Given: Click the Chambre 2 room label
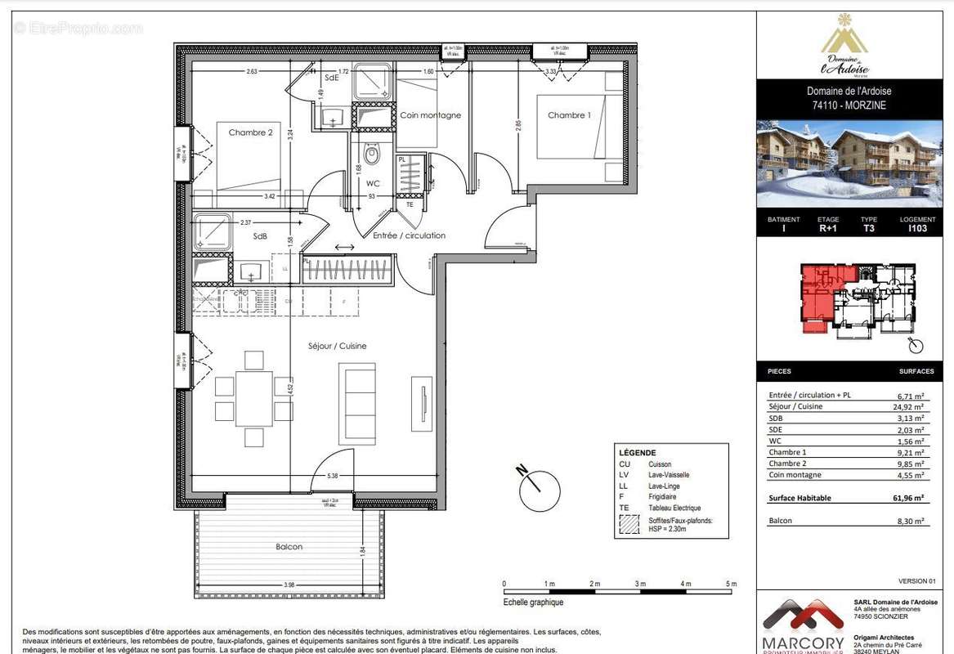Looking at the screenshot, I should click(x=250, y=132).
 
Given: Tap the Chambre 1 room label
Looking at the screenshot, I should click(x=568, y=115).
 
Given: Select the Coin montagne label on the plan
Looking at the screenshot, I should click(x=430, y=115).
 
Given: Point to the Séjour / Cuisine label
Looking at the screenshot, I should click(x=337, y=346).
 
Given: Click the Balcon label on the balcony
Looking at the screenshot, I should click(x=289, y=547).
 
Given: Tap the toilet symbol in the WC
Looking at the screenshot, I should click(x=373, y=154).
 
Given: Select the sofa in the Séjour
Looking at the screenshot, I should click(x=357, y=402).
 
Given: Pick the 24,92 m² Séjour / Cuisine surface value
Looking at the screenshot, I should click(x=908, y=406).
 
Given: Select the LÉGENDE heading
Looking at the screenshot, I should click(x=637, y=453).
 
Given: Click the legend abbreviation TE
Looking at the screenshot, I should click(x=624, y=508).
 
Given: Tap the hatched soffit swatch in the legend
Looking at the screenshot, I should click(x=627, y=526).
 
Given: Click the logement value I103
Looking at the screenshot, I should click(x=917, y=230).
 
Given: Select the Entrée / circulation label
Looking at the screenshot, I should click(x=409, y=235).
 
